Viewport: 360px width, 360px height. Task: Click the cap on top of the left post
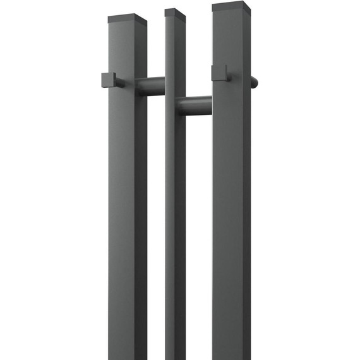(127, 20)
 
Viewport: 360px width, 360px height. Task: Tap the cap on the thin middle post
(175, 12)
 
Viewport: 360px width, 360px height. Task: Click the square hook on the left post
(109, 80)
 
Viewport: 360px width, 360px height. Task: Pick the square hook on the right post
(219, 73)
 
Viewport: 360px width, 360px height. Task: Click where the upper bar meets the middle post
(165, 86)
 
